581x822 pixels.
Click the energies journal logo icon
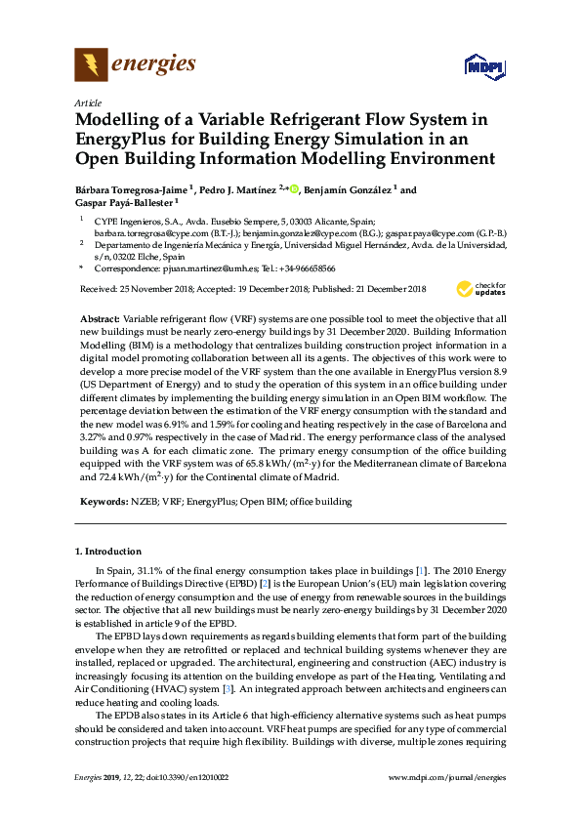pyautogui.click(x=91, y=65)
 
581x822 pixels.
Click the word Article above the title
pyautogui.click(x=88, y=103)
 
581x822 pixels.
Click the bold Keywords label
pyautogui.click(x=101, y=502)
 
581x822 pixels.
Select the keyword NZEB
pyautogui.click(x=144, y=502)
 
